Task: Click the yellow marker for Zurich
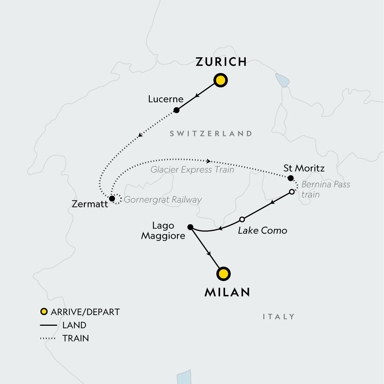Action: pyautogui.click(x=220, y=80)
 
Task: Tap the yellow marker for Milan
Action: pyautogui.click(x=223, y=274)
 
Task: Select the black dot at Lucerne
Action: pyautogui.click(x=176, y=110)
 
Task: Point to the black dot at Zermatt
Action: pyautogui.click(x=112, y=199)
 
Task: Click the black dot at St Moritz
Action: pyautogui.click(x=291, y=178)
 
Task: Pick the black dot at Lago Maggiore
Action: pyautogui.click(x=190, y=227)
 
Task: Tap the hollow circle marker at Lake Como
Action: pyautogui.click(x=242, y=220)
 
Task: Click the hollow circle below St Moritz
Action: pyautogui.click(x=292, y=192)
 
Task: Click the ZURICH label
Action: pyautogui.click(x=221, y=62)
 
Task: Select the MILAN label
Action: pyautogui.click(x=227, y=292)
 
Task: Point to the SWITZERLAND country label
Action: pyautogui.click(x=211, y=134)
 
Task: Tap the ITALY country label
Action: pyautogui.click(x=278, y=317)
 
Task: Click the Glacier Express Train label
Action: pyautogui.click(x=192, y=170)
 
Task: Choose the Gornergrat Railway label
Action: pyautogui.click(x=163, y=200)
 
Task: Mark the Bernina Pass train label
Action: pyautogui.click(x=325, y=189)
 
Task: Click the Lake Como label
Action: pyautogui.click(x=262, y=230)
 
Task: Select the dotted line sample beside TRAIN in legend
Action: pyautogui.click(x=48, y=338)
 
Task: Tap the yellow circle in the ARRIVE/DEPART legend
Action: pyautogui.click(x=44, y=312)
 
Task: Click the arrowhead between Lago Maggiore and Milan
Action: pyautogui.click(x=210, y=254)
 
